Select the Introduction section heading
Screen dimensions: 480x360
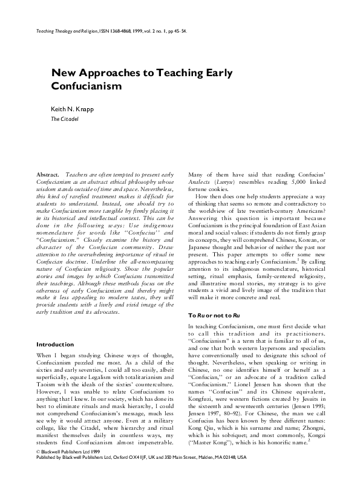tap(55, 345)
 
